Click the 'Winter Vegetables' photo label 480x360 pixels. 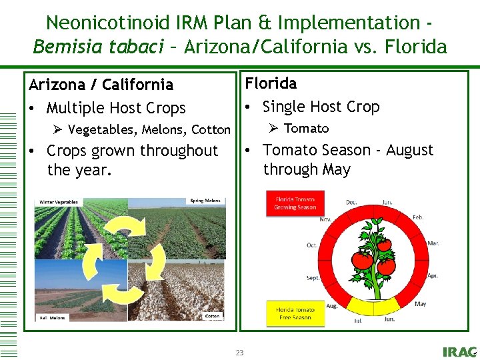point(59,202)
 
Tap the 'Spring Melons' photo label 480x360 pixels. point(206,201)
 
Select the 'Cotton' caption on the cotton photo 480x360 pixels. point(212,316)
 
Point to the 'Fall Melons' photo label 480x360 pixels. point(53,318)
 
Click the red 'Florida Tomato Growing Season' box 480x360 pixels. point(295,203)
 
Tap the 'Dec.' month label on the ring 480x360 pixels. point(351,201)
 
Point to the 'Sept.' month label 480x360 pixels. point(313,277)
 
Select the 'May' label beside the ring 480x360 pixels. point(420,304)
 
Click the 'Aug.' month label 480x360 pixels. point(331,306)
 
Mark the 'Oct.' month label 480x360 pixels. point(311,245)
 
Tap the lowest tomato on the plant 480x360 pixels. point(386,267)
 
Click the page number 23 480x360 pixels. point(239,353)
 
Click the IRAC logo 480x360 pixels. point(459,352)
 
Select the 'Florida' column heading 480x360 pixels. point(271,83)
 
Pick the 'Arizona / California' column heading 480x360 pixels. point(101,85)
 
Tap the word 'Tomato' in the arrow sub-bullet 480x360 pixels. point(307,128)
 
